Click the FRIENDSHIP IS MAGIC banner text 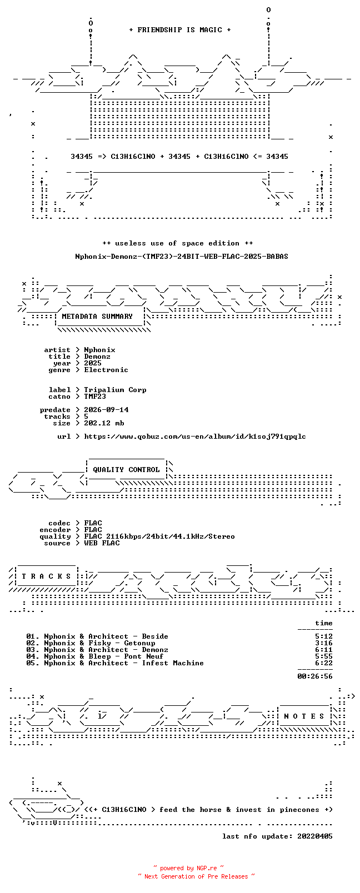179,30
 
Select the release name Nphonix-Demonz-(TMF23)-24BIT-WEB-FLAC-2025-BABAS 182,257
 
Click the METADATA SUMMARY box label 97,316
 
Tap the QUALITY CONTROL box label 126,470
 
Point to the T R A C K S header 46,576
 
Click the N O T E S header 304,716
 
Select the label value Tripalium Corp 115,390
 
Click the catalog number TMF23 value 95,397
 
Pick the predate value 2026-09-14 106,410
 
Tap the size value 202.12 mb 104,423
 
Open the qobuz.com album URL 195,437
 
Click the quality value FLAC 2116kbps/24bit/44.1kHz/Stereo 159,536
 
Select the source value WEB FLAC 102,543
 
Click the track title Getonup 139,643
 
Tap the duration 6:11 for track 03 324,650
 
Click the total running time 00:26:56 315,676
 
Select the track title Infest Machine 173,663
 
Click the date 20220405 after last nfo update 315,836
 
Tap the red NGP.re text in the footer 207,868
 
